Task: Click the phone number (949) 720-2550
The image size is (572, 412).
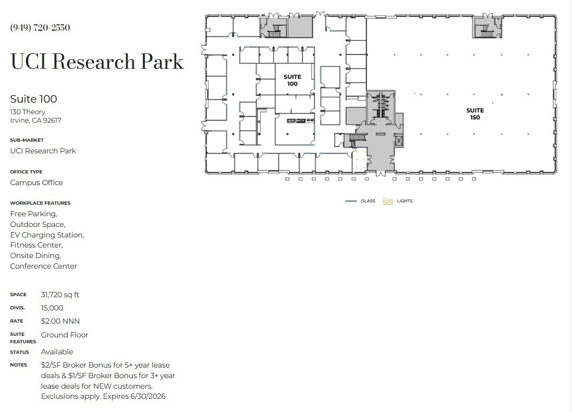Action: [x=40, y=28]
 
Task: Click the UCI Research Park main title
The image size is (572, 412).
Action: [x=97, y=62]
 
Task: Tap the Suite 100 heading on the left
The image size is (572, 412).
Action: [x=33, y=99]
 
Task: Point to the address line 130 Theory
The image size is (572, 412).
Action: [x=27, y=112]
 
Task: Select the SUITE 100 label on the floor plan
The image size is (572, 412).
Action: [x=292, y=80]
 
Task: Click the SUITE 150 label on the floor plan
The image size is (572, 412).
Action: [x=475, y=114]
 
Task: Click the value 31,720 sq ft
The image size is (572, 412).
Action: [x=60, y=295]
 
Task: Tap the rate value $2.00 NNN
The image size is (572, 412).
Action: [x=60, y=321]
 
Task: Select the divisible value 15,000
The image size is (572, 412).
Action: [x=52, y=308]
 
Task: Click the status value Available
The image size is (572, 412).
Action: [x=57, y=352]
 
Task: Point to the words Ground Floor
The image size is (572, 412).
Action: [x=64, y=335]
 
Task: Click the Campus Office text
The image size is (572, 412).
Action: [x=36, y=182]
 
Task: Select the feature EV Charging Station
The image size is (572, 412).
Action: [x=47, y=235]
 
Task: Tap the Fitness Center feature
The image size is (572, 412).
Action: [x=36, y=245]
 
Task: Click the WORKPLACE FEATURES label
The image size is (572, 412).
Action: [x=40, y=203]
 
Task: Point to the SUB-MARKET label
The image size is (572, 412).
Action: [x=27, y=140]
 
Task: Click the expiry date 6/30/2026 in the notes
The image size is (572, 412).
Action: [x=150, y=396]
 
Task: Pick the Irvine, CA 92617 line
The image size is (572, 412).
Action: [x=35, y=120]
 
